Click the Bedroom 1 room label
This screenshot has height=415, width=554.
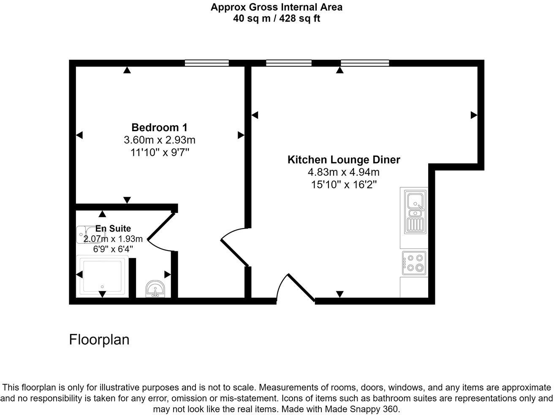pyautogui.click(x=159, y=127)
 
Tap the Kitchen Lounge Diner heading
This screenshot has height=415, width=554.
pyautogui.click(x=344, y=160)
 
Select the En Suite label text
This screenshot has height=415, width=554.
pyautogui.click(x=113, y=229)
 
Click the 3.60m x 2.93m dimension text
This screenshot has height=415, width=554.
pyautogui.click(x=159, y=140)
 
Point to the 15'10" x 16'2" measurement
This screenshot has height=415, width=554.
pyautogui.click(x=344, y=185)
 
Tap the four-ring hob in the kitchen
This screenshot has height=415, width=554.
pyautogui.click(x=414, y=262)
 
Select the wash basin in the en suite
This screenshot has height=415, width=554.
pyautogui.click(x=156, y=289)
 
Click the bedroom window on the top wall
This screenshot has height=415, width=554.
pyautogui.click(x=207, y=63)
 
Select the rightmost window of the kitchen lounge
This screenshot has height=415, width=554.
pyautogui.click(x=365, y=63)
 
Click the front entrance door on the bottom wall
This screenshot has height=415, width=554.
pyautogui.click(x=301, y=288)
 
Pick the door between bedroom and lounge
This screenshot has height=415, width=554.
pyautogui.click(x=234, y=253)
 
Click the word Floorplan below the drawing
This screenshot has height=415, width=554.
pyautogui.click(x=99, y=340)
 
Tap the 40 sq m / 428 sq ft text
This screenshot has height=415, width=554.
pyautogui.click(x=277, y=19)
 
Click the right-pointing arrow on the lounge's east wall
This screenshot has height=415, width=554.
pyautogui.click(x=474, y=115)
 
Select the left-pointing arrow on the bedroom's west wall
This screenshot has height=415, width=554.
pyautogui.click(x=79, y=135)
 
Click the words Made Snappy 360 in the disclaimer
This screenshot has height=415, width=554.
pyautogui.click(x=361, y=409)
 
